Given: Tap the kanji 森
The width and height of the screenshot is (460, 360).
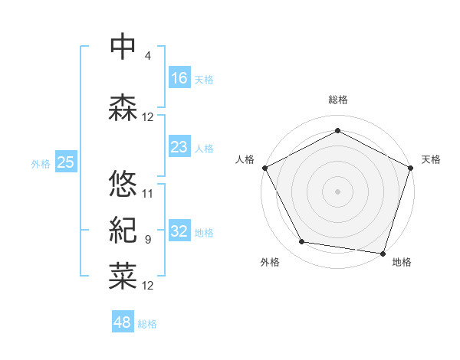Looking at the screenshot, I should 123,107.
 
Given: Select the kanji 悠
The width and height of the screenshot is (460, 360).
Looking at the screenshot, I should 123,184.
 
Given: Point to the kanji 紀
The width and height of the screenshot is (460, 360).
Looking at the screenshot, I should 123,230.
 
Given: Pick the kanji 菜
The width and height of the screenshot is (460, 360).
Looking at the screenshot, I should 123,276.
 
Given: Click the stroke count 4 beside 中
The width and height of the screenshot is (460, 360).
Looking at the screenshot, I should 147,56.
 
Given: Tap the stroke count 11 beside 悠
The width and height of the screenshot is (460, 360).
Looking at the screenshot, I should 148,194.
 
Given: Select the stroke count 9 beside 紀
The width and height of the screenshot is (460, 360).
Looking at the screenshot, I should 147,240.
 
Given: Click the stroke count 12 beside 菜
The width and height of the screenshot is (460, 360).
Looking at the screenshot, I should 148,286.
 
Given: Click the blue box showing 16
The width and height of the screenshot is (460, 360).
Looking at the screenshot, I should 179,77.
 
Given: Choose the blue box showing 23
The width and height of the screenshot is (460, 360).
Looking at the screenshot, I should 179,147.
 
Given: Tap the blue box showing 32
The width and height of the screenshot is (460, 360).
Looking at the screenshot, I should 179,231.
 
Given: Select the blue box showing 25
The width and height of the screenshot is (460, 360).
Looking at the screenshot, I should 65,162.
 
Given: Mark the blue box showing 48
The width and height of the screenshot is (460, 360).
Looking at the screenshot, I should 123,322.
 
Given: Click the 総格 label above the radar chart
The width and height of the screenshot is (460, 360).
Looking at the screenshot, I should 338,100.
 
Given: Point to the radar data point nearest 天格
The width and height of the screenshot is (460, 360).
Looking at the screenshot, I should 410,168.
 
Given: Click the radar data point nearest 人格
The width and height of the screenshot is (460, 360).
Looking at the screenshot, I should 265,168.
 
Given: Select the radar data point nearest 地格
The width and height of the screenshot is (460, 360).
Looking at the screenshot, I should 383,252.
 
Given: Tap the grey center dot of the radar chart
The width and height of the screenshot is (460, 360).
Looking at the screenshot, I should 338,191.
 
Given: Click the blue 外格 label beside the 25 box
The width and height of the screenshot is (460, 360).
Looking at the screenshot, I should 41,163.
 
